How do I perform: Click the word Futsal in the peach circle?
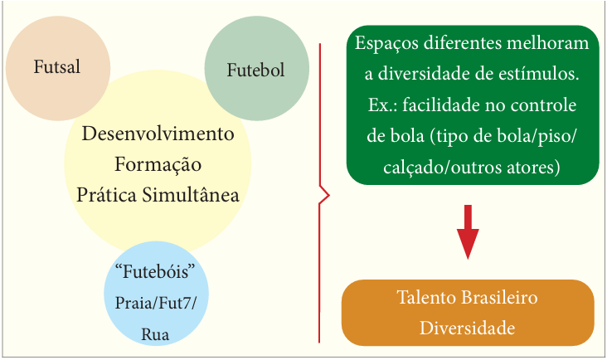[x=56, y=66]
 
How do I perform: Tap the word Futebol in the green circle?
[x=255, y=71]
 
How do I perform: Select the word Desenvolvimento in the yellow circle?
[x=158, y=133]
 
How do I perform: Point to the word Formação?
[x=158, y=164]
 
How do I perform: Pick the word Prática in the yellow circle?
[x=105, y=196]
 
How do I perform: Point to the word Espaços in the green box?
[x=386, y=42]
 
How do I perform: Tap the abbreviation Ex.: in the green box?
[x=382, y=105]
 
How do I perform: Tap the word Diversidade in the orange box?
[x=468, y=328]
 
